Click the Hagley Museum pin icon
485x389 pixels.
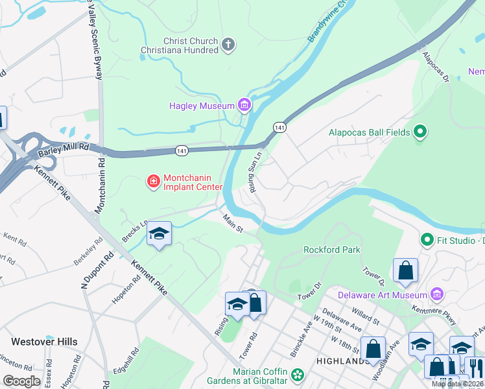click(x=244, y=105)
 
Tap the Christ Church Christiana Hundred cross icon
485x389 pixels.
click(x=228, y=45)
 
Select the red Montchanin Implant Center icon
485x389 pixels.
click(x=154, y=181)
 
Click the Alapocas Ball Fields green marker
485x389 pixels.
click(x=420, y=132)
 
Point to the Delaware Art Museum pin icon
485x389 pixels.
click(x=437, y=295)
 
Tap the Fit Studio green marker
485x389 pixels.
click(x=426, y=241)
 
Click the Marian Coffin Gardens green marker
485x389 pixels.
click(x=298, y=375)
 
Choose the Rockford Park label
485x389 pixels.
click(x=331, y=250)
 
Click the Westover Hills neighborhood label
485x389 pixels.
click(x=44, y=342)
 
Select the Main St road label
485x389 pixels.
click(x=233, y=224)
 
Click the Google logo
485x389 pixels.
click(x=22, y=381)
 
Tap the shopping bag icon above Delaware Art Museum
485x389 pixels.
click(x=405, y=270)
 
